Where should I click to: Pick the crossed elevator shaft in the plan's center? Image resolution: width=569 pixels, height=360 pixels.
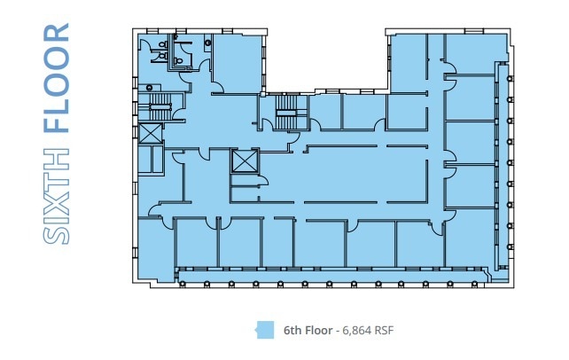click(x=242, y=160)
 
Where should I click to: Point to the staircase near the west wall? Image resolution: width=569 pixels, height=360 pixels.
click(x=160, y=109)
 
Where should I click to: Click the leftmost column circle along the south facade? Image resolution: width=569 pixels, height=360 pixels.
click(x=180, y=284)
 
